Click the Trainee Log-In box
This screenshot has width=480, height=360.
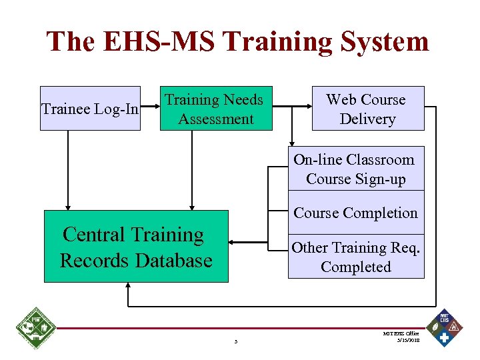tap(90, 108)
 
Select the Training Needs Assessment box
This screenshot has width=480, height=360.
tap(216, 108)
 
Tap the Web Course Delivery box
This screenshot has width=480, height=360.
tap(367, 108)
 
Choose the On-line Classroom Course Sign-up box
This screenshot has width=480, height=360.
tap(355, 169)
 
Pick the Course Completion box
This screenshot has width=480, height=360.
tap(355, 213)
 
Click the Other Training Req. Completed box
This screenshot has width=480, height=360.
tap(355, 257)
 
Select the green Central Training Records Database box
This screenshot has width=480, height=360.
tap(136, 247)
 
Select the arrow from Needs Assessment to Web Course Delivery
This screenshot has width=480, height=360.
tap(291, 105)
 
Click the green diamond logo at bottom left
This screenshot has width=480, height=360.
tap(35, 328)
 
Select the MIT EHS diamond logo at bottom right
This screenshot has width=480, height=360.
tap(445, 328)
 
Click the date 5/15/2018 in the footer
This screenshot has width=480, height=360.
tap(406, 339)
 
